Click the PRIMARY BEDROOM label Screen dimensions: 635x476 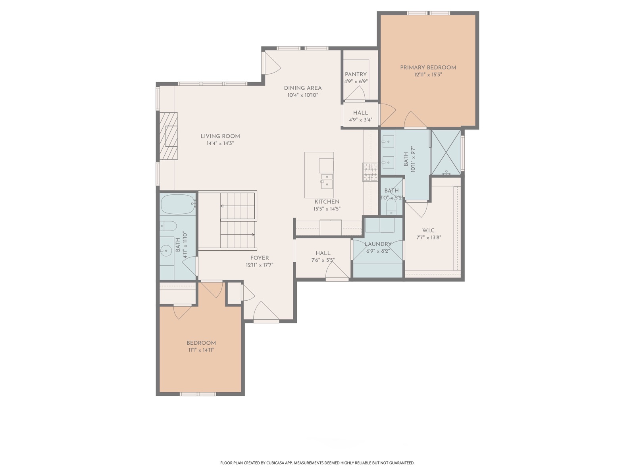(428, 67)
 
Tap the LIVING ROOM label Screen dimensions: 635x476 (220, 136)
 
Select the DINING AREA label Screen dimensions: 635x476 (302, 88)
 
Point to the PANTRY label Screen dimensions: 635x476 (356, 74)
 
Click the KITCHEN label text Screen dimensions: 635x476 (327, 202)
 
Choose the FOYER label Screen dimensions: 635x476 (260, 258)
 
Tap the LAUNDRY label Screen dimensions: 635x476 (378, 244)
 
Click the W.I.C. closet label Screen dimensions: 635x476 (429, 230)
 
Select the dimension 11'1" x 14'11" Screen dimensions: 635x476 (201, 350)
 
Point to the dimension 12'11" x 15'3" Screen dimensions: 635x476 (428, 75)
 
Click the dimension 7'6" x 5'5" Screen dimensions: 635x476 (323, 260)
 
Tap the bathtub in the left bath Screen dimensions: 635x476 (178, 204)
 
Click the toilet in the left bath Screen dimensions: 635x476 (168, 226)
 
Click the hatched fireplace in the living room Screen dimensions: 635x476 (168, 136)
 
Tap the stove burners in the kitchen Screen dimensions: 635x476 (370, 172)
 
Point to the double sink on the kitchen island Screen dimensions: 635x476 (327, 181)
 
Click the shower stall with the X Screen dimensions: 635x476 (446, 152)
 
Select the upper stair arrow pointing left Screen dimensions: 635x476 (237, 206)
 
